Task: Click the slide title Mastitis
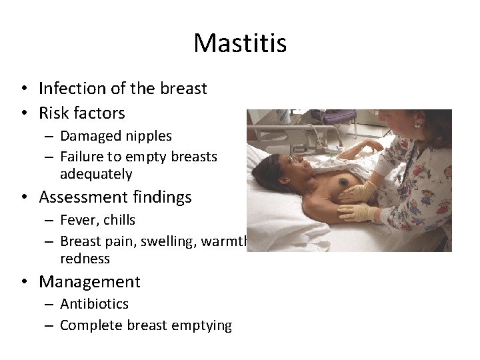coord(240,44)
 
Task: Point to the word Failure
coord(81,157)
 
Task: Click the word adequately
coord(96,175)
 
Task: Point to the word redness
coord(85,259)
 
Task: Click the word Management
coord(89,282)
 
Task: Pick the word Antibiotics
coord(94,304)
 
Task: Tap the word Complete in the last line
coord(89,325)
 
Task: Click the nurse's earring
coord(419,125)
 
